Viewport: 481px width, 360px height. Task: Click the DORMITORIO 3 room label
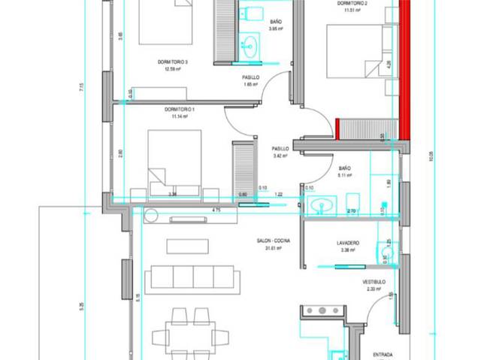coord(172,62)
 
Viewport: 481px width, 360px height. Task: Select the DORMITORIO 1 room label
coord(179,110)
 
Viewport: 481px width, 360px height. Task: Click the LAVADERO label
coord(347,243)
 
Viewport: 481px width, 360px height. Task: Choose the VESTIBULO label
coord(374,282)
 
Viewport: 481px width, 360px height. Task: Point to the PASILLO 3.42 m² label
coord(280,153)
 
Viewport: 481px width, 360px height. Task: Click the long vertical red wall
coord(404,68)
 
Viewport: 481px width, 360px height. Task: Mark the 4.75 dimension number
coord(216,210)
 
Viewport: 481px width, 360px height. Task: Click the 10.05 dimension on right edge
coord(431,159)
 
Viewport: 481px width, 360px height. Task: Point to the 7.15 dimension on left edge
coord(80,88)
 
